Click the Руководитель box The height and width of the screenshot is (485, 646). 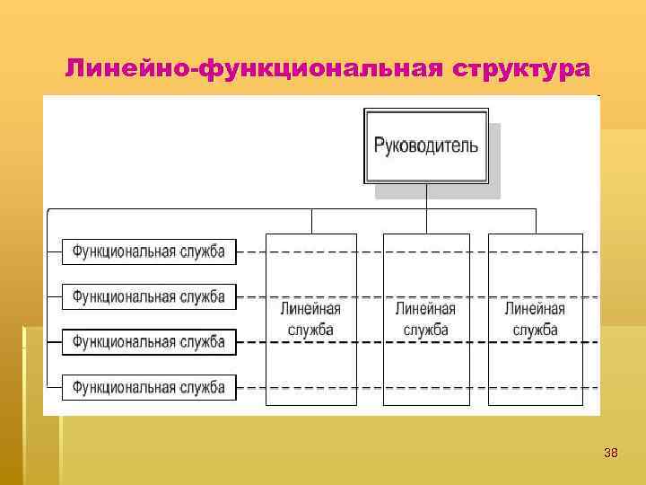pos(426,145)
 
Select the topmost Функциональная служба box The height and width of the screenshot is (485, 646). pos(149,251)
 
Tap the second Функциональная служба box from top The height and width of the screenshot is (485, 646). pos(149,295)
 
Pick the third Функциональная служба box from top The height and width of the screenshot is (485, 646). pos(149,341)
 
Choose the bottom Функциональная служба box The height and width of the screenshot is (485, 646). pos(149,387)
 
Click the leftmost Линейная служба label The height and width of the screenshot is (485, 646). pos(310,319)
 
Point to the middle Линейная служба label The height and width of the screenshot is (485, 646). pos(425,319)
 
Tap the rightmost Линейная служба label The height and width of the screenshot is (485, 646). pos(535,319)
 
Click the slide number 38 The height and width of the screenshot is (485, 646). pos(611,453)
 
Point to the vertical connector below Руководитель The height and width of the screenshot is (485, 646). pos(426,196)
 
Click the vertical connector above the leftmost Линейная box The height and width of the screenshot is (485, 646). pos(311,221)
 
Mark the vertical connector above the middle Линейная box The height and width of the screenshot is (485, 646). pos(426,221)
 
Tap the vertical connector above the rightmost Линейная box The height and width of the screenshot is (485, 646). pos(536,221)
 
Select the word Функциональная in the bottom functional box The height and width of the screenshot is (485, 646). pos(123,387)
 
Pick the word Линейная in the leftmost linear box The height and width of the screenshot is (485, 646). pos(310,309)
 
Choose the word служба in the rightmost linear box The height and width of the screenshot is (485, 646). pos(535,330)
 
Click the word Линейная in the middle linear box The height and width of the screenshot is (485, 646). pos(425,309)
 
